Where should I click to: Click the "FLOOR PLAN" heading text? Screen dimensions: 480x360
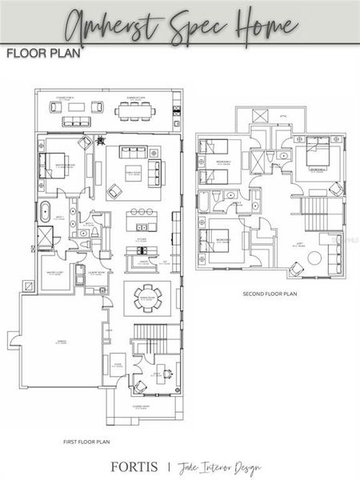tap(38, 54)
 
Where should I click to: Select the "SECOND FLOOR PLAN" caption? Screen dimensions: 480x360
tap(270, 294)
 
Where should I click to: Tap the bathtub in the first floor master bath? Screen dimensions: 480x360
tap(42, 214)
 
